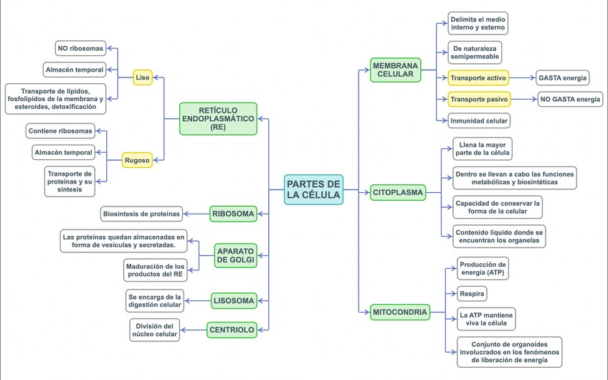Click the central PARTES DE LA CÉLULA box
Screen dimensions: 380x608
(313, 189)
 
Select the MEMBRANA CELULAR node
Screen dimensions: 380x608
(396, 70)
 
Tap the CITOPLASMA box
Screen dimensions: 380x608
(398, 193)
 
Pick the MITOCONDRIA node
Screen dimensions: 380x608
(400, 312)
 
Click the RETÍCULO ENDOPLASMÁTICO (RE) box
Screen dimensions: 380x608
(218, 118)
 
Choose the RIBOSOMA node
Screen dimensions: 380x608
(233, 214)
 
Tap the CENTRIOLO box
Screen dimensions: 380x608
(232, 330)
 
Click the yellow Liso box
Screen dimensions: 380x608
(143, 77)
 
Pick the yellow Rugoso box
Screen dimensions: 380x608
(136, 161)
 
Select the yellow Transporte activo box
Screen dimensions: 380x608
(478, 77)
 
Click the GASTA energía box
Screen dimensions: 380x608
(563, 77)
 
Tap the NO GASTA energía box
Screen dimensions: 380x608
(571, 100)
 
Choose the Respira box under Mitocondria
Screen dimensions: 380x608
(472, 293)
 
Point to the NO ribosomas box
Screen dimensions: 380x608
(80, 49)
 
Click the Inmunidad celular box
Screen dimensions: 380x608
(479, 120)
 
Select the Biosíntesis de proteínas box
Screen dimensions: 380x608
(141, 214)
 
